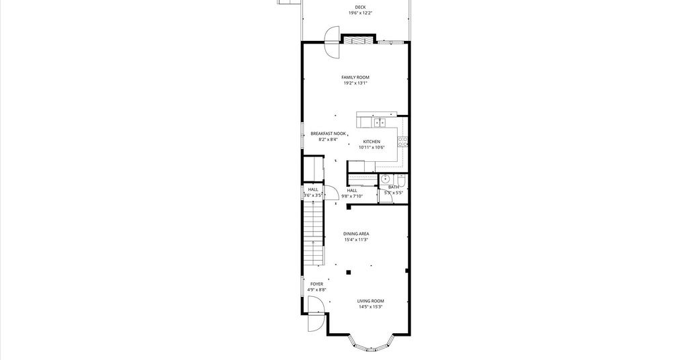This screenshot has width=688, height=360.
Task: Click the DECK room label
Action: (x=360, y=7)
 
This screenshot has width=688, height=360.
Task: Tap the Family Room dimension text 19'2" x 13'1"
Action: (x=355, y=83)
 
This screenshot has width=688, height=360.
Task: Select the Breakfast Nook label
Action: (x=328, y=134)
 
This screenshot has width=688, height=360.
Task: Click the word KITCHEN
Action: (x=372, y=142)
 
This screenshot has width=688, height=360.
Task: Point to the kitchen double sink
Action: (x=380, y=122)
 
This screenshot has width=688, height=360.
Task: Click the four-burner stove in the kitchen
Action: (x=403, y=141)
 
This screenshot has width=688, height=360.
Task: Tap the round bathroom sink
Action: (x=385, y=179)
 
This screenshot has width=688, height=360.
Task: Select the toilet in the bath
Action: (x=402, y=180)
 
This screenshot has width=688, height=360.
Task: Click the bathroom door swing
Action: (x=385, y=196)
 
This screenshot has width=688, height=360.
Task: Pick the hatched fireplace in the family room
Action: (x=359, y=40)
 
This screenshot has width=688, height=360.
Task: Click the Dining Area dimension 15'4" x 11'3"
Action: (x=356, y=240)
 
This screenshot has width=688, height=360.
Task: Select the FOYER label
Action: (x=317, y=284)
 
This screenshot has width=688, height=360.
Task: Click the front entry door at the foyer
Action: (x=316, y=314)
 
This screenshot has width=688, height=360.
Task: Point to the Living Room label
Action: (x=371, y=302)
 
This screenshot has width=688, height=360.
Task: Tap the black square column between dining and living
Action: (x=349, y=272)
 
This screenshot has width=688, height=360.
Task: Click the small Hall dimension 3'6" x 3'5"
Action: (x=313, y=195)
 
